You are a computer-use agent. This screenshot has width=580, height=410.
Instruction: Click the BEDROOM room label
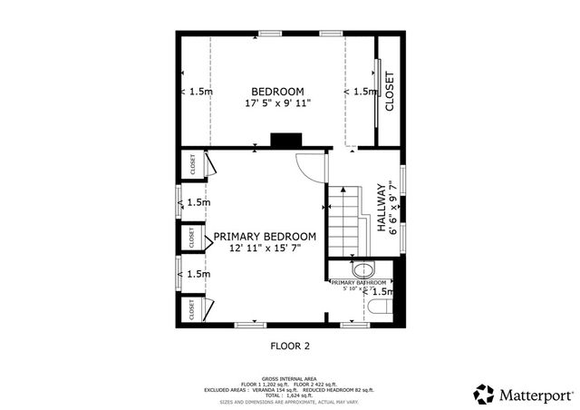pyautogui.click(x=277, y=92)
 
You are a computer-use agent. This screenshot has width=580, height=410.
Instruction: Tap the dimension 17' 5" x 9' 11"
pyautogui.click(x=277, y=103)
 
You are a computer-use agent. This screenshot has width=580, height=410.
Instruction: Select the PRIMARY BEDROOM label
pyautogui.click(x=265, y=236)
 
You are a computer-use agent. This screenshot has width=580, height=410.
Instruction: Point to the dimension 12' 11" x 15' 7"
pyautogui.click(x=265, y=248)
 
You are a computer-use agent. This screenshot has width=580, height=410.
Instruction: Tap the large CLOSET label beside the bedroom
pyautogui.click(x=390, y=92)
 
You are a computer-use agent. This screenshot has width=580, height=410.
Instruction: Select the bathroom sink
pyautogui.click(x=362, y=270)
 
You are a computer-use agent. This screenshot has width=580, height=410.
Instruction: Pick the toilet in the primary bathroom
pyautogui.click(x=379, y=311)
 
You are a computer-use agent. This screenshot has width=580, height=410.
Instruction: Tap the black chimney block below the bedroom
pyautogui.click(x=285, y=142)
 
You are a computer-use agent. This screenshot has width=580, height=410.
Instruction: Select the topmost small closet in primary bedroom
pyautogui.click(x=192, y=164)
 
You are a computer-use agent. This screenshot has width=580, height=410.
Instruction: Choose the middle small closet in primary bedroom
pyautogui.click(x=192, y=238)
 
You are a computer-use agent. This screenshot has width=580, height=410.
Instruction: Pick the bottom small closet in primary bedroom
pyautogui.click(x=192, y=309)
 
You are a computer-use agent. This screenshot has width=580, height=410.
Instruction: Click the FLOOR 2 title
pyautogui.click(x=290, y=346)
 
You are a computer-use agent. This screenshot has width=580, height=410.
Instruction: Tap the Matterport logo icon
pyautogui.click(x=484, y=395)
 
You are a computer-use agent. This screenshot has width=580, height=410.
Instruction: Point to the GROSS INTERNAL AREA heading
pyautogui.click(x=290, y=378)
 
